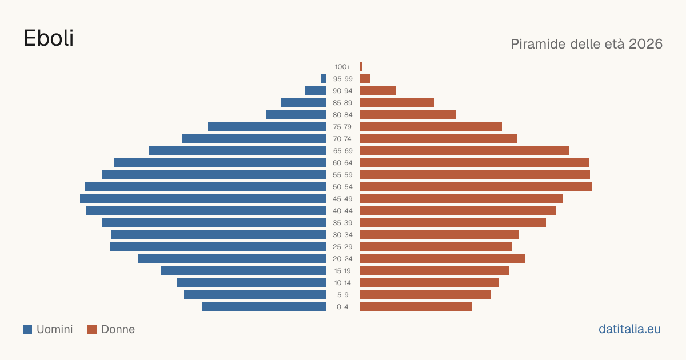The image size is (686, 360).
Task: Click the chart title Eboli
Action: [x=49, y=38]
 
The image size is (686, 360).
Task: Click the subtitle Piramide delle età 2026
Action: [x=587, y=44]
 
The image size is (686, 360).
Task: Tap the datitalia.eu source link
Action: [x=629, y=329]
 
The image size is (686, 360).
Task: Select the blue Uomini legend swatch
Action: [x=27, y=329]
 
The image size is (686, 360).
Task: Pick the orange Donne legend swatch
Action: [x=92, y=329]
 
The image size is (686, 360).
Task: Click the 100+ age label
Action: [x=342, y=67]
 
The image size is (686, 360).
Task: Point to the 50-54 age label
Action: [x=342, y=187]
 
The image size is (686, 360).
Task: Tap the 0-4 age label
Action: [x=342, y=307]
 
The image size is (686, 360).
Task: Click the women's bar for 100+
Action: [x=361, y=67]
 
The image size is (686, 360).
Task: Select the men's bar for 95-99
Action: [x=324, y=79]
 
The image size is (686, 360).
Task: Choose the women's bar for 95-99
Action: [x=365, y=79]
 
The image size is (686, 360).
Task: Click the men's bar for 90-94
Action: [x=315, y=91]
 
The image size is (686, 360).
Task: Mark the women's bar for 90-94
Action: [x=378, y=91]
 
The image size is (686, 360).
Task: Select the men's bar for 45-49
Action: [x=203, y=199]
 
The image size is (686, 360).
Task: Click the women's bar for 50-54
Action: [x=476, y=187]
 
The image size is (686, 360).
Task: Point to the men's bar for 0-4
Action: [x=264, y=307]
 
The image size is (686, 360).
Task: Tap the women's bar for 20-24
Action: [x=442, y=259]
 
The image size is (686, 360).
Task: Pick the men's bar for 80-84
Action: [x=296, y=115]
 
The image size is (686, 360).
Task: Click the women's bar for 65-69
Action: [x=465, y=151]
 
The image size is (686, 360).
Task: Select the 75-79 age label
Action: [x=342, y=127]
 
